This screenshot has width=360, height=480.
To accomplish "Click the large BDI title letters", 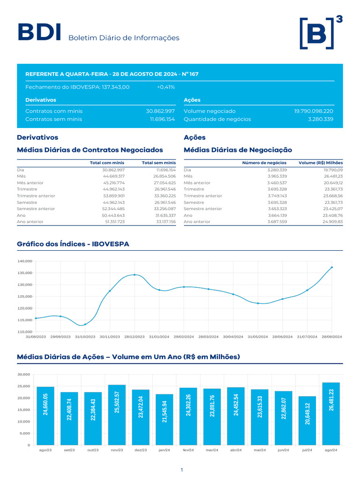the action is (x=39, y=32).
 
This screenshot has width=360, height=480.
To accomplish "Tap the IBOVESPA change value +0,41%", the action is (x=165, y=87).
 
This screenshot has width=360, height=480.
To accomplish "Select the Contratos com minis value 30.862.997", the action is (x=160, y=111).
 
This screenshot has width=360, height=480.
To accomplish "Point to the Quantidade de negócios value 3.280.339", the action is (x=321, y=119).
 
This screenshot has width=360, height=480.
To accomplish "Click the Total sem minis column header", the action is (x=159, y=163).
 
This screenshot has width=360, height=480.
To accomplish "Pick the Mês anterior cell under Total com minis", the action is (x=114, y=183).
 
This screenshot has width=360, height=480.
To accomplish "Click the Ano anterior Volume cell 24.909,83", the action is (x=333, y=222).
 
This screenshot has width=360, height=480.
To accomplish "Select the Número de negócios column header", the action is (x=264, y=163).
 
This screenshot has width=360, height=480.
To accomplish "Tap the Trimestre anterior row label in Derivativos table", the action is (x=36, y=196).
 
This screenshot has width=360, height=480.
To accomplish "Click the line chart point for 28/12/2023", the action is (x=135, y=275).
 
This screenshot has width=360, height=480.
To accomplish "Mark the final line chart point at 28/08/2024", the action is (x=332, y=267).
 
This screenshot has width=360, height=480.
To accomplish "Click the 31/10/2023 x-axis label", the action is (x=85, y=337).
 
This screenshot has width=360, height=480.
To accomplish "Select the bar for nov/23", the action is (x=117, y=415).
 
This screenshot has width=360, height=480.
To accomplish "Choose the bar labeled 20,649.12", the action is (x=307, y=420).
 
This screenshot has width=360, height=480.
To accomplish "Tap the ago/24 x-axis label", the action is (x=331, y=450).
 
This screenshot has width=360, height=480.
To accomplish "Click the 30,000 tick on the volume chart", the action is (x=24, y=375).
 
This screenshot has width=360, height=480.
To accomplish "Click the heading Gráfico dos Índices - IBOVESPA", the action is (x=73, y=244).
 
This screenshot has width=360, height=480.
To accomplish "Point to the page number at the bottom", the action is (x=182, y=470).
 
